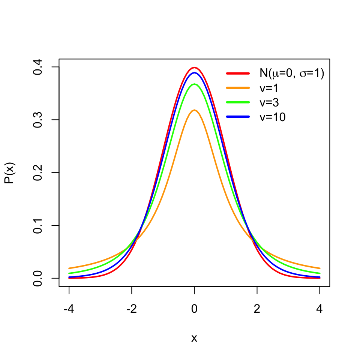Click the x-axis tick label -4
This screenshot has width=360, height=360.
(69, 310)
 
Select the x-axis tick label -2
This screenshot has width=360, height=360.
(132, 310)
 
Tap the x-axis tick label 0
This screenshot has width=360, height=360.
(194, 310)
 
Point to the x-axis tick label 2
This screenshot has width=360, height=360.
(257, 310)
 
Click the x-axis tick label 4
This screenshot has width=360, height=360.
(319, 310)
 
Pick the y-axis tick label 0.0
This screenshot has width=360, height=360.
(38, 278)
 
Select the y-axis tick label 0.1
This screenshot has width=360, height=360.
(38, 225)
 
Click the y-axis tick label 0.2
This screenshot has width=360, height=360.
(38, 172)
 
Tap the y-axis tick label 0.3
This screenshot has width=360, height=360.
(38, 120)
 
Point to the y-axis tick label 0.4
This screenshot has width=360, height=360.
(38, 67)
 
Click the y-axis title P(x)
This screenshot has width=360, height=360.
(10, 172)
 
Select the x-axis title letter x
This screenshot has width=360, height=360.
(194, 338)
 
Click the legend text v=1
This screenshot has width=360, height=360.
(270, 88)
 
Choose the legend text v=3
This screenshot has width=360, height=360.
(270, 102)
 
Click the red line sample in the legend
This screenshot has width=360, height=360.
(238, 73)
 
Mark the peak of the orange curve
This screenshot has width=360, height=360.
(194, 110)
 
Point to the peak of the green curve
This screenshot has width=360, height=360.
(194, 84)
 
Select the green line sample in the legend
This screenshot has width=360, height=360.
(238, 102)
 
